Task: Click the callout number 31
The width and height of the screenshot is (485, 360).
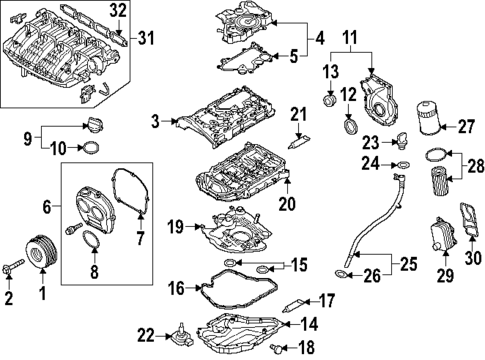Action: pyautogui.click(x=147, y=38)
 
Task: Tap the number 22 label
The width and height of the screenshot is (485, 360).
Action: pyautogui.click(x=146, y=336)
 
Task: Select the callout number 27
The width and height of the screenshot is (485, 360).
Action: pyautogui.click(x=465, y=127)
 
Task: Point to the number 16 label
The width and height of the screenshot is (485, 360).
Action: pyautogui.click(x=176, y=288)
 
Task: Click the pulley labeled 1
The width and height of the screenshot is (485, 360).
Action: pyautogui.click(x=42, y=252)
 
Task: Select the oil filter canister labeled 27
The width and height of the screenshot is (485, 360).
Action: pyautogui.click(x=428, y=118)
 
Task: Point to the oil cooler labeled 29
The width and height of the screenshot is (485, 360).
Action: pyautogui.click(x=443, y=236)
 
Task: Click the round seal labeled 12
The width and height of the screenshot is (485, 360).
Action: pyautogui.click(x=350, y=127)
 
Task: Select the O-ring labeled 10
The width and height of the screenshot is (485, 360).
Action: pyautogui.click(x=90, y=148)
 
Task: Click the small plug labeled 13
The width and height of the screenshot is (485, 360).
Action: pyautogui.click(x=330, y=100)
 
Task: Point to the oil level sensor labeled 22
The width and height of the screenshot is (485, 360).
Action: pyautogui.click(x=182, y=336)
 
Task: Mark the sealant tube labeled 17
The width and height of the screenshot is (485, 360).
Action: pyautogui.click(x=293, y=305)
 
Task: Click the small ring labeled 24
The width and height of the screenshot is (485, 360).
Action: pyautogui.click(x=402, y=164)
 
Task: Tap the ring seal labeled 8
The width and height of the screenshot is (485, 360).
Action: pyautogui.click(x=91, y=240)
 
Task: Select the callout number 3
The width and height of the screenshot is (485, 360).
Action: pyautogui.click(x=156, y=121)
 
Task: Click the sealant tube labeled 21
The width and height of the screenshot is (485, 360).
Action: pyautogui.click(x=299, y=142)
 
